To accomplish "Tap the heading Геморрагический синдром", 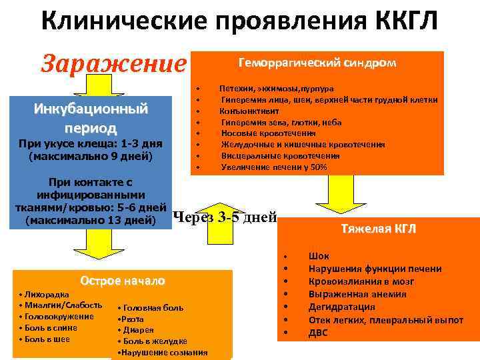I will (317, 63).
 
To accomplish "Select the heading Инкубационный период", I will (91, 117).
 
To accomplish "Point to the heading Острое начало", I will (121, 280).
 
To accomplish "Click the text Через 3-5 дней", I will (225, 216).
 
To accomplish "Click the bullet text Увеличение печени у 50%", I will (274, 167).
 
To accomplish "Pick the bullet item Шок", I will (319, 256).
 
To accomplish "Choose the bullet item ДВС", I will (318, 332).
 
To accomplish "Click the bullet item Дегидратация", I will (341, 307).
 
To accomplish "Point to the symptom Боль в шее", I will (46, 339).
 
